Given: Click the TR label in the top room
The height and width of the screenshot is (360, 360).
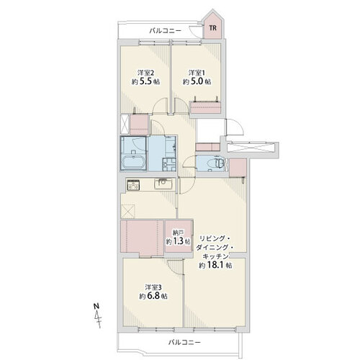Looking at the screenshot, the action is click(212, 28).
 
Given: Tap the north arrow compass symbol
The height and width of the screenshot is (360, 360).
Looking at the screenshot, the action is click(97, 315).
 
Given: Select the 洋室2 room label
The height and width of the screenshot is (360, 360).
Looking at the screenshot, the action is click(145, 73).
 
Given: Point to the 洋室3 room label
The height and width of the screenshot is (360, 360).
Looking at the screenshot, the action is click(153, 287).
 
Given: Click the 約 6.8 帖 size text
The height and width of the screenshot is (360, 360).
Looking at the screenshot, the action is click(153, 296).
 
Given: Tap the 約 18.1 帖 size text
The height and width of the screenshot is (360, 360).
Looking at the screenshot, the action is click(215, 266).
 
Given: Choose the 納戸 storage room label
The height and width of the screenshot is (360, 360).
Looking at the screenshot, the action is click(179, 233).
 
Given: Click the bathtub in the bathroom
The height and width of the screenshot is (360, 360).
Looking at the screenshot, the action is click(133, 163).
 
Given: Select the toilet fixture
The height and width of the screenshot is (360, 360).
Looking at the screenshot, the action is click(219, 163).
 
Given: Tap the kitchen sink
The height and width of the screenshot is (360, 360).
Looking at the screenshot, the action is click(163, 184).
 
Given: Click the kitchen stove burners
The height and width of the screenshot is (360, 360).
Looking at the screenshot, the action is click(133, 184).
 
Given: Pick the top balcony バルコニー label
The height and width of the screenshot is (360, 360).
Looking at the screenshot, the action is click(166, 31).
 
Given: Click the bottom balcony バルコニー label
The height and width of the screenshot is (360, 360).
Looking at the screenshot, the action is click(184, 342).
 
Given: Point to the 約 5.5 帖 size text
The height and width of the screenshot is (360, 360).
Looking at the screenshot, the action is click(145, 81).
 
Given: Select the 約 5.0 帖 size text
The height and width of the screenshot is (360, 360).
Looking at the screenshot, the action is click(197, 81).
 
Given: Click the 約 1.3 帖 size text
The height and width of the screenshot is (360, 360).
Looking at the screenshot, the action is click(179, 241).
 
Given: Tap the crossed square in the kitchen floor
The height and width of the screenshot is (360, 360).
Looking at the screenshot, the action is click(128, 211).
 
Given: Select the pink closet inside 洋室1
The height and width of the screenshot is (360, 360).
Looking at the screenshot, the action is click(205, 107).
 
